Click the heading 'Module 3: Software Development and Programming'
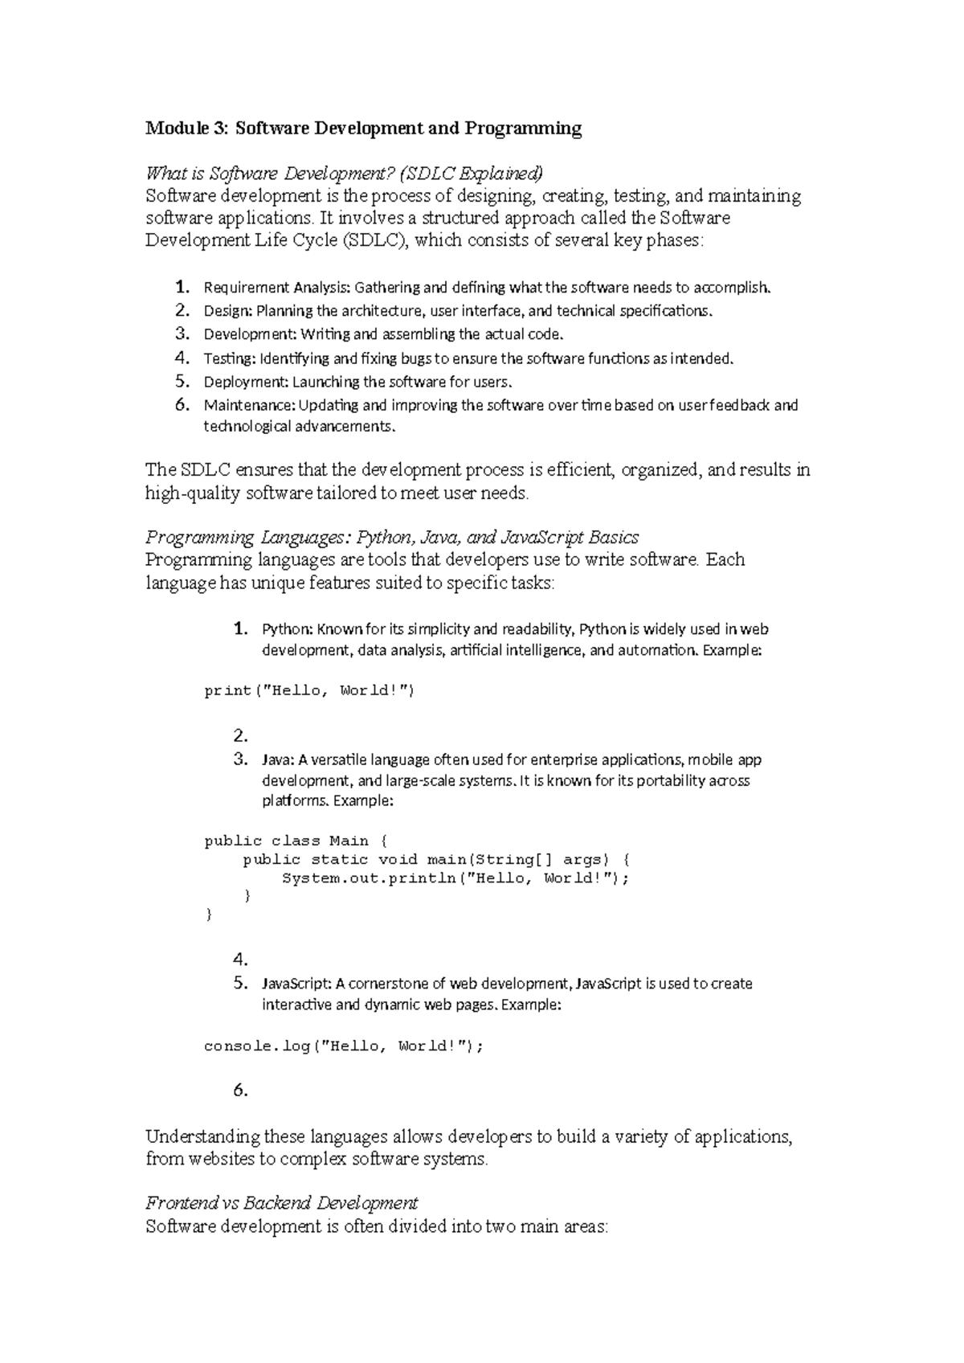click(x=362, y=129)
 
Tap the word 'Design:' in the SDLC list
click(x=227, y=311)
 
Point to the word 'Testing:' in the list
click(x=230, y=358)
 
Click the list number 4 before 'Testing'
click(x=182, y=358)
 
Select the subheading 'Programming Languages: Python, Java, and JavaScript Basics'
click(x=391, y=537)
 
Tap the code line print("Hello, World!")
click(x=309, y=690)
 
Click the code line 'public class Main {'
click(x=296, y=841)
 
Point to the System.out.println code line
click(x=455, y=878)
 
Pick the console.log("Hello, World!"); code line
click(x=345, y=1046)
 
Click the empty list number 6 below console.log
click(x=240, y=1091)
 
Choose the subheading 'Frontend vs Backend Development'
click(x=281, y=1203)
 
